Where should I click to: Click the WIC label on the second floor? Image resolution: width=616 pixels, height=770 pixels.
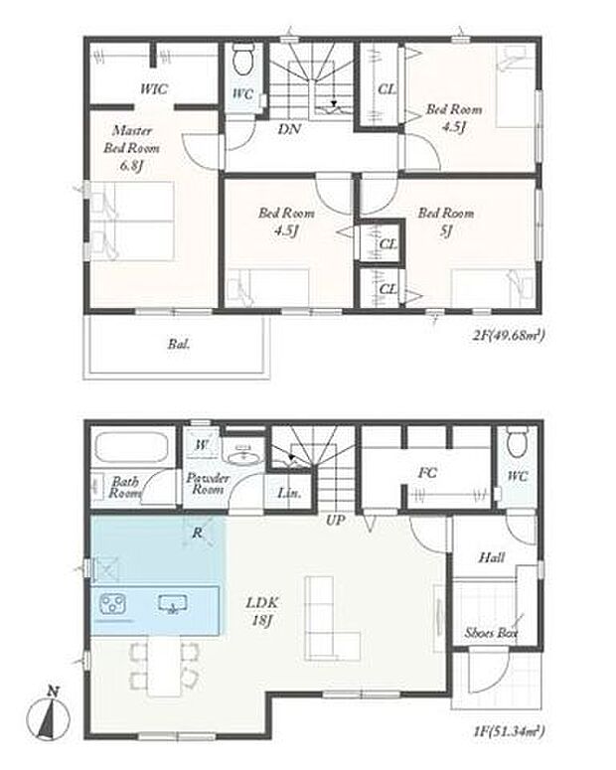coord(153,88)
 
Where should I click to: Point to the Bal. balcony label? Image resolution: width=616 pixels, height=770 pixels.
coord(178,346)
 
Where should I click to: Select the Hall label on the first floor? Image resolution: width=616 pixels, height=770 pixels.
coord(491,557)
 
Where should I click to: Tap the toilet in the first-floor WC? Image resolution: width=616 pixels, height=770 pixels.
coord(516,443)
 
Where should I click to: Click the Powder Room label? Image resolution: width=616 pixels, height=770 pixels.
coord(209,484)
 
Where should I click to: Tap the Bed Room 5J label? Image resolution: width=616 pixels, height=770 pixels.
coord(445,222)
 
